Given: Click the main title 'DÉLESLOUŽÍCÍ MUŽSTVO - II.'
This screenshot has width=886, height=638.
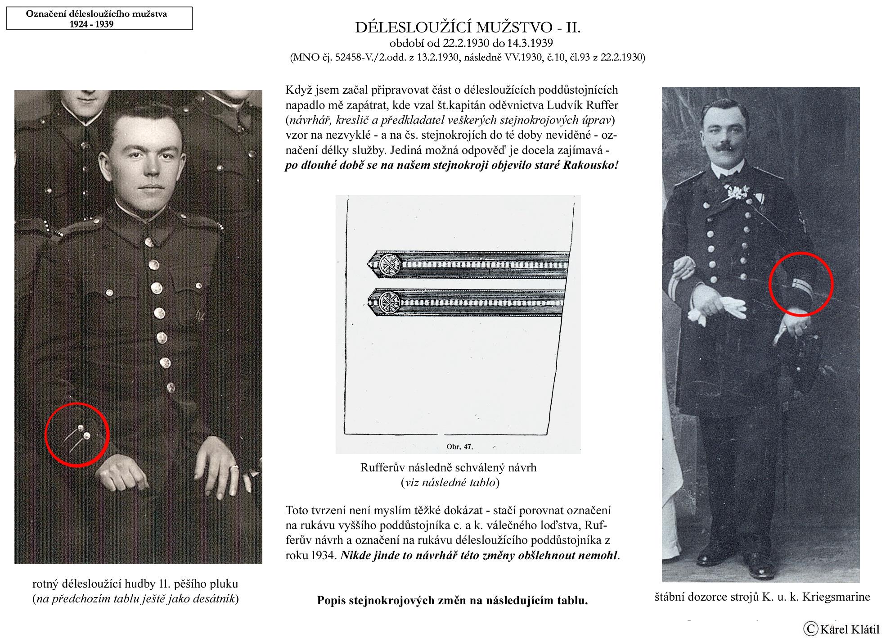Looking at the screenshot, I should (x=468, y=28).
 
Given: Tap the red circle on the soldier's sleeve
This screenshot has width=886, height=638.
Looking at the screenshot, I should (x=77, y=435).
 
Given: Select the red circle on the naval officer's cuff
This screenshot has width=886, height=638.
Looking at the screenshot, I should (x=801, y=284).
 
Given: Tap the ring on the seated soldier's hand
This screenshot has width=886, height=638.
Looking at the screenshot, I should (x=234, y=469).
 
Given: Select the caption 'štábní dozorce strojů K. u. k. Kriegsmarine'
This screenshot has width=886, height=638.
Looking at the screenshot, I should (x=762, y=597).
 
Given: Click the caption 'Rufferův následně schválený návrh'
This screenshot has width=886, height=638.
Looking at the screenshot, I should (x=448, y=468).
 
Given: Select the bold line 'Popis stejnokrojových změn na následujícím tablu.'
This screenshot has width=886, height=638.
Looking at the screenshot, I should (x=452, y=600).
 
